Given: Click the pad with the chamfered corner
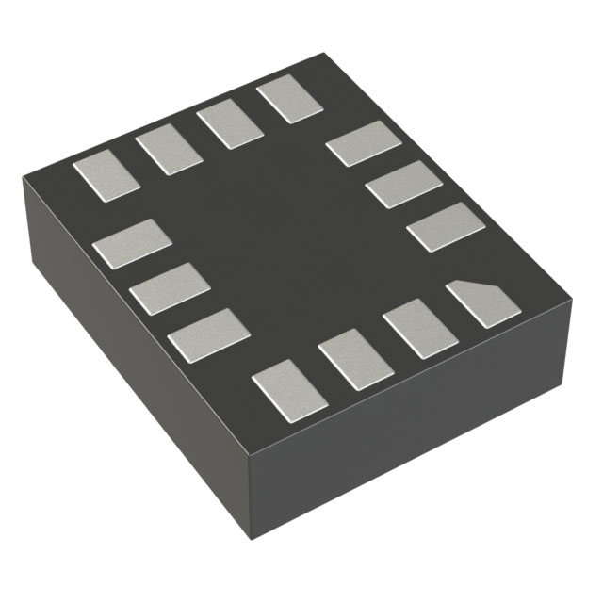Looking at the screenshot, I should tap(483, 303).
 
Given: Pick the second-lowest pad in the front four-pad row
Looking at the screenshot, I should tap(356, 359).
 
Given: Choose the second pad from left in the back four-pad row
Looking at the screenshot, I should tap(169, 151).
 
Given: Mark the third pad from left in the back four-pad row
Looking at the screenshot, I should tap(229, 125).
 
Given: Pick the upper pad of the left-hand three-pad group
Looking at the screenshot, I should tap(126, 243).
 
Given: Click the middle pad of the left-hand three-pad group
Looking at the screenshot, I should tap(169, 287).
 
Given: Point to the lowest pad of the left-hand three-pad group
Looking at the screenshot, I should tap(208, 333).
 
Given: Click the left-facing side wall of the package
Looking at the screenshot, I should tap(122, 358).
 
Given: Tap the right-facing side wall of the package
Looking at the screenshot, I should tap(424, 443).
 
